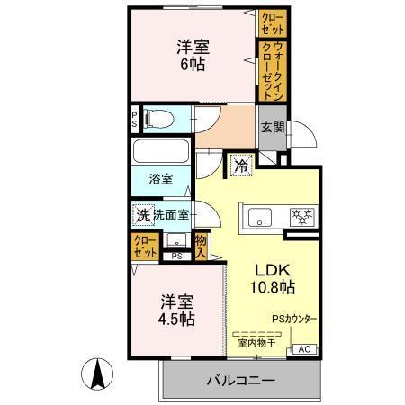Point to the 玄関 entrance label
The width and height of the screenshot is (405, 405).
pos(272,129)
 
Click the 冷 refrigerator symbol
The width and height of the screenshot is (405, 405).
pos(240,165)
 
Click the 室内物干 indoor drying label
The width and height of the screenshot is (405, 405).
pos(256,342)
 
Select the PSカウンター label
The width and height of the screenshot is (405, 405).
pos(295,319)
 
